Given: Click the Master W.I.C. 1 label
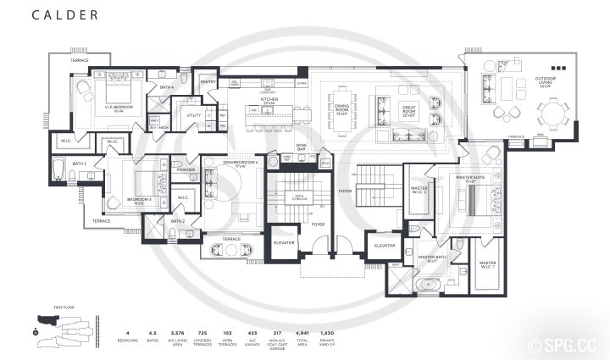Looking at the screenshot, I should [x=487, y=264].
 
